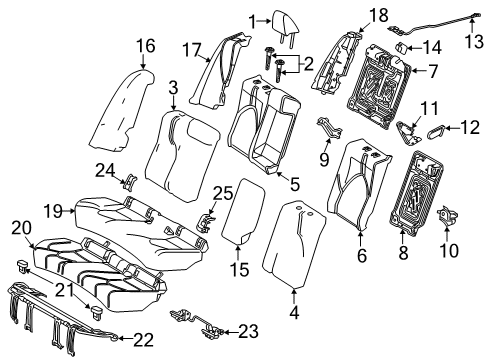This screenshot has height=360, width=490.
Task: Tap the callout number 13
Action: pyautogui.click(x=474, y=42)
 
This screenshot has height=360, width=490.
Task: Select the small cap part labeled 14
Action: pyautogui.click(x=402, y=48)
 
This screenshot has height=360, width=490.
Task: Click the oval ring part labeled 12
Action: pyautogui.click(x=436, y=130)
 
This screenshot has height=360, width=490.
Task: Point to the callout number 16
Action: pyautogui.click(x=146, y=45)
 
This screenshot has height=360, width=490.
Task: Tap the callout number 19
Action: pyautogui.click(x=53, y=211)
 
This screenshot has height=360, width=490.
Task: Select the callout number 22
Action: pyautogui.click(x=144, y=339)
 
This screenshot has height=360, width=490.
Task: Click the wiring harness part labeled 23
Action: pyautogui.click(x=197, y=323)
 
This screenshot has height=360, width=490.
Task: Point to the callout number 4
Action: pyautogui.click(x=294, y=313)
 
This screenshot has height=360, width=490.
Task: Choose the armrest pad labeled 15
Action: pyautogui.click(x=243, y=212)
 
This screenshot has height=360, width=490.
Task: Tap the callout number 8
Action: pyautogui.click(x=403, y=252)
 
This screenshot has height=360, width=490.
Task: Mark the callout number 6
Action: pyautogui.click(x=362, y=255)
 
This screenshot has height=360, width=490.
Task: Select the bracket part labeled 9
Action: pyautogui.click(x=329, y=128)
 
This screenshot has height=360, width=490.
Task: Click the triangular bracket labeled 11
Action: pyautogui.click(x=409, y=133)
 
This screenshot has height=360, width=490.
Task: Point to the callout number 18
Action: pyautogui.click(x=379, y=15)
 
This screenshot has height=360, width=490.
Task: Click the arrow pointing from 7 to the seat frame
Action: pyautogui.click(x=420, y=71)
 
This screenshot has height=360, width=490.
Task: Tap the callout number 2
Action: pyautogui.click(x=309, y=63)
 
